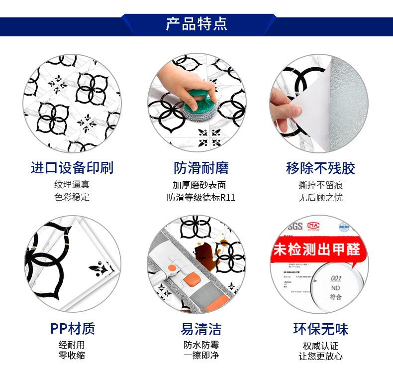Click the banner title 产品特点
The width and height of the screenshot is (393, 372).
(x=196, y=24)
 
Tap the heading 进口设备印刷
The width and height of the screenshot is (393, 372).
(x=72, y=168)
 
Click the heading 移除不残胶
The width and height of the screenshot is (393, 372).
(x=320, y=168)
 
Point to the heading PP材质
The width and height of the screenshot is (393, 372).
(x=72, y=329)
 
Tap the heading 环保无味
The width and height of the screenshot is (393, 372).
(x=320, y=329)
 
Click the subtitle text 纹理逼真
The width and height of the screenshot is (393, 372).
(x=72, y=185)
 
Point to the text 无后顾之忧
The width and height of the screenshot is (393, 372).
(x=320, y=197)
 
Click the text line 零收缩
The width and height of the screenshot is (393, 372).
(x=72, y=356)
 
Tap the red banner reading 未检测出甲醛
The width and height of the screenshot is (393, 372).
(x=317, y=249)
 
